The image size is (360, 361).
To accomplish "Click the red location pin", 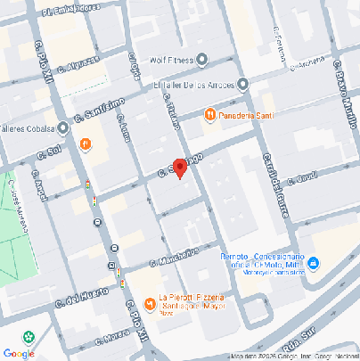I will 179,168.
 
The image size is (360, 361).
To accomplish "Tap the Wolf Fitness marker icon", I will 202,60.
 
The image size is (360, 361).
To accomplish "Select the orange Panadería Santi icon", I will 210,115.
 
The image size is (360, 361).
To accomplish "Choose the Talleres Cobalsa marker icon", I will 62,127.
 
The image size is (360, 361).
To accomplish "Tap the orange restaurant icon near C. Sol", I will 86,144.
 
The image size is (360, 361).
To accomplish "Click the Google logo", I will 19,353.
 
